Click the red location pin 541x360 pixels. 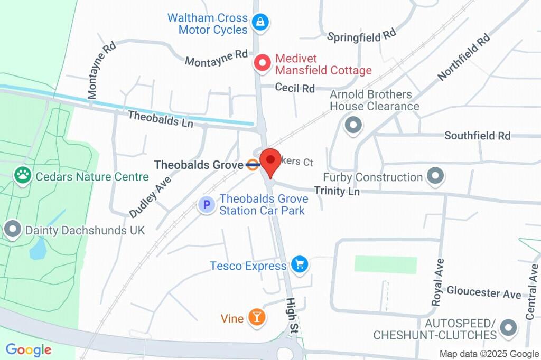point(272,160)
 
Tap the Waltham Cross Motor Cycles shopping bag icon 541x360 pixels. point(260,22)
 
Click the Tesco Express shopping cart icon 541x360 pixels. point(300,265)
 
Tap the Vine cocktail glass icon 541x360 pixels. point(257,318)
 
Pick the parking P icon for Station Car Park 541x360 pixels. point(207,205)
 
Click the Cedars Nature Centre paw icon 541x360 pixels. point(23,176)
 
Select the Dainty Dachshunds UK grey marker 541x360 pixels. point(12,230)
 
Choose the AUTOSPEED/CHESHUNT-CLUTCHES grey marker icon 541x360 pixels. point(508,328)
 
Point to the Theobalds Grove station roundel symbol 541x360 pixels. point(253,165)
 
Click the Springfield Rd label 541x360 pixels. point(361,36)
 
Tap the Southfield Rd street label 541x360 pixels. point(477,136)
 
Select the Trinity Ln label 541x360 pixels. point(337,191)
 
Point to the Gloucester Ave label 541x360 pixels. point(483,292)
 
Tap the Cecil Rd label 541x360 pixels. point(295,88)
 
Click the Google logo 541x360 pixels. point(29,349)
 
